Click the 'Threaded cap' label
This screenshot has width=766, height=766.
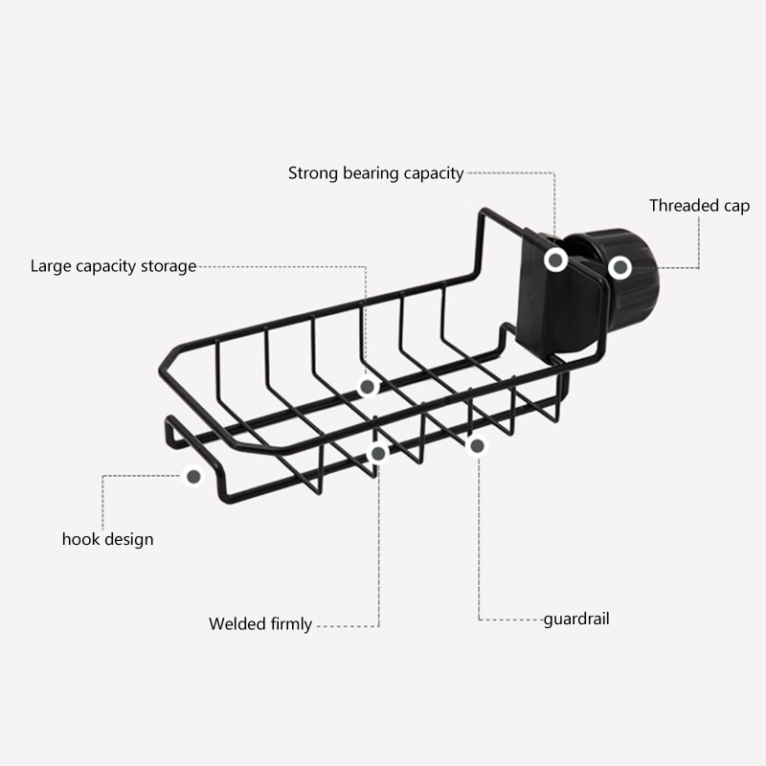699,206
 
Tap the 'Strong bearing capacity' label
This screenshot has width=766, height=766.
375,173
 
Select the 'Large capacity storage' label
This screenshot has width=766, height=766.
113,266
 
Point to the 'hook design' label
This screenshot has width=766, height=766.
107,539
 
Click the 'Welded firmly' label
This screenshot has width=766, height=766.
260,624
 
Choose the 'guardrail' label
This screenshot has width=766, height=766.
576,619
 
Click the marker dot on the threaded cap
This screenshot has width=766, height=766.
620,267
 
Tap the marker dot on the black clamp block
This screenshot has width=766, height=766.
555,259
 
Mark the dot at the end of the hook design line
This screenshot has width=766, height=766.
193,475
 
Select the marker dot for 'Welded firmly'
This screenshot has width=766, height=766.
378,453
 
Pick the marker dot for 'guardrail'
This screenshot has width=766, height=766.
477,445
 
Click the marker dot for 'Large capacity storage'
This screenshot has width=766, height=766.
367,387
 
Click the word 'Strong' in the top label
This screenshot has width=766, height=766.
312,173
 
